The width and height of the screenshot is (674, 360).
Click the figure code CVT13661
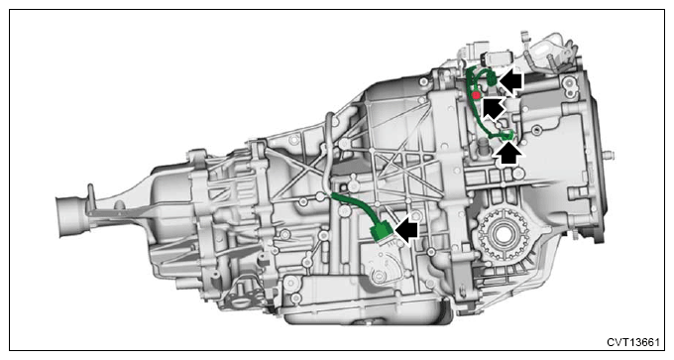click(632, 342)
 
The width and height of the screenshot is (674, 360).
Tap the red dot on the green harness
click(476, 95)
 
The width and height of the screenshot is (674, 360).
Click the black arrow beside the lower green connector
click(406, 230)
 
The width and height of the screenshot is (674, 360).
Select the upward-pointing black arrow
click(508, 154)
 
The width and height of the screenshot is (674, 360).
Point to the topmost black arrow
click(510, 81)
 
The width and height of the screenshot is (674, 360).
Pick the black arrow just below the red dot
click(493, 107)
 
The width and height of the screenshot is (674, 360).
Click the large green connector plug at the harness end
click(382, 232)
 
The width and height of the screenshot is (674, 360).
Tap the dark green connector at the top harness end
click(492, 79)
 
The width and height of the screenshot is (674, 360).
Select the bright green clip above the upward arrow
click(508, 136)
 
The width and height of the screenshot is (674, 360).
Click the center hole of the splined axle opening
click(502, 234)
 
